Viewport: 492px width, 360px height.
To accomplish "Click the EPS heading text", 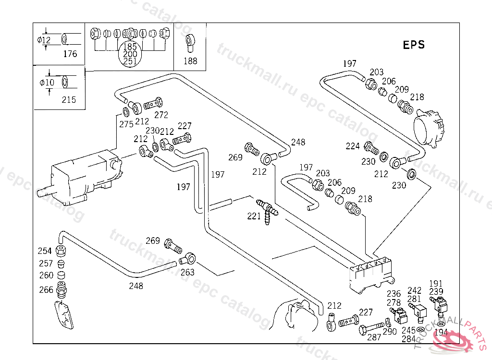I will coord(413,45).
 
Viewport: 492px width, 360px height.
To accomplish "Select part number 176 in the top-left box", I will coord(70,54).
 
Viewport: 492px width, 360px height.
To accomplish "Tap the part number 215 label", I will coord(69,100).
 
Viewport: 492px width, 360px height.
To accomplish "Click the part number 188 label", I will coord(190,61).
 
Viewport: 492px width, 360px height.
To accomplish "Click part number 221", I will coord(254,216).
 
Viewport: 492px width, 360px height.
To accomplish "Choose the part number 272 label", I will coord(161,115).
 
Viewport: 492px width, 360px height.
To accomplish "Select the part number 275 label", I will coord(126,124).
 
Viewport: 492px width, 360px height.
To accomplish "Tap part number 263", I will coord(187,272).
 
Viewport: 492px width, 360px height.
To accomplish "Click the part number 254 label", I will coord(45,251).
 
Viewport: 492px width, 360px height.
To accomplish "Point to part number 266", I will coord(46,289).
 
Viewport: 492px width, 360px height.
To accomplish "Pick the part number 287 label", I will coord(374,337).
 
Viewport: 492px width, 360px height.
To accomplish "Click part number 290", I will coord(390,332).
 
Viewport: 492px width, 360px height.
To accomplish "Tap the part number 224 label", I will coord(353,146).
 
